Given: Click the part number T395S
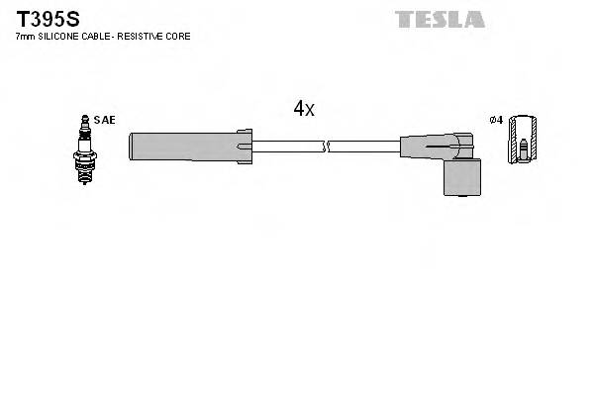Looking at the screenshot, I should pyautogui.click(x=47, y=19).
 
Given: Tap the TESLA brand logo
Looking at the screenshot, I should pyautogui.click(x=440, y=19).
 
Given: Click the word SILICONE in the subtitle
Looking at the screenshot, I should pyautogui.click(x=60, y=37).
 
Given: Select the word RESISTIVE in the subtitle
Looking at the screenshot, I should pyautogui.click(x=144, y=37).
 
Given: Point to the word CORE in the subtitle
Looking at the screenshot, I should pyautogui.click(x=179, y=37).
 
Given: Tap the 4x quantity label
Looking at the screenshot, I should pyautogui.click(x=303, y=109).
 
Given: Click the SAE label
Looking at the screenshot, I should pyautogui.click(x=105, y=120).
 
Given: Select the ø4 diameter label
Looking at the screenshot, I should pyautogui.click(x=496, y=120).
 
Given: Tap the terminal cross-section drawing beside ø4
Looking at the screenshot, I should pyautogui.click(x=524, y=141).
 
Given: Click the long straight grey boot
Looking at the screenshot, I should pyautogui.click(x=183, y=147).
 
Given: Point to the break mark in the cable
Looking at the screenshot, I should pyautogui.click(x=327, y=147).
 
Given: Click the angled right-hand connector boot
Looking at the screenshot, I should pyautogui.click(x=436, y=148).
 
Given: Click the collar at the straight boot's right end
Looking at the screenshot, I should pyautogui.click(x=245, y=147).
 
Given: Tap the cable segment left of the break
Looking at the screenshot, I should pyautogui.click(x=287, y=147).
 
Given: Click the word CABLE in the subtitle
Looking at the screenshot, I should pyautogui.click(x=96, y=37).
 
